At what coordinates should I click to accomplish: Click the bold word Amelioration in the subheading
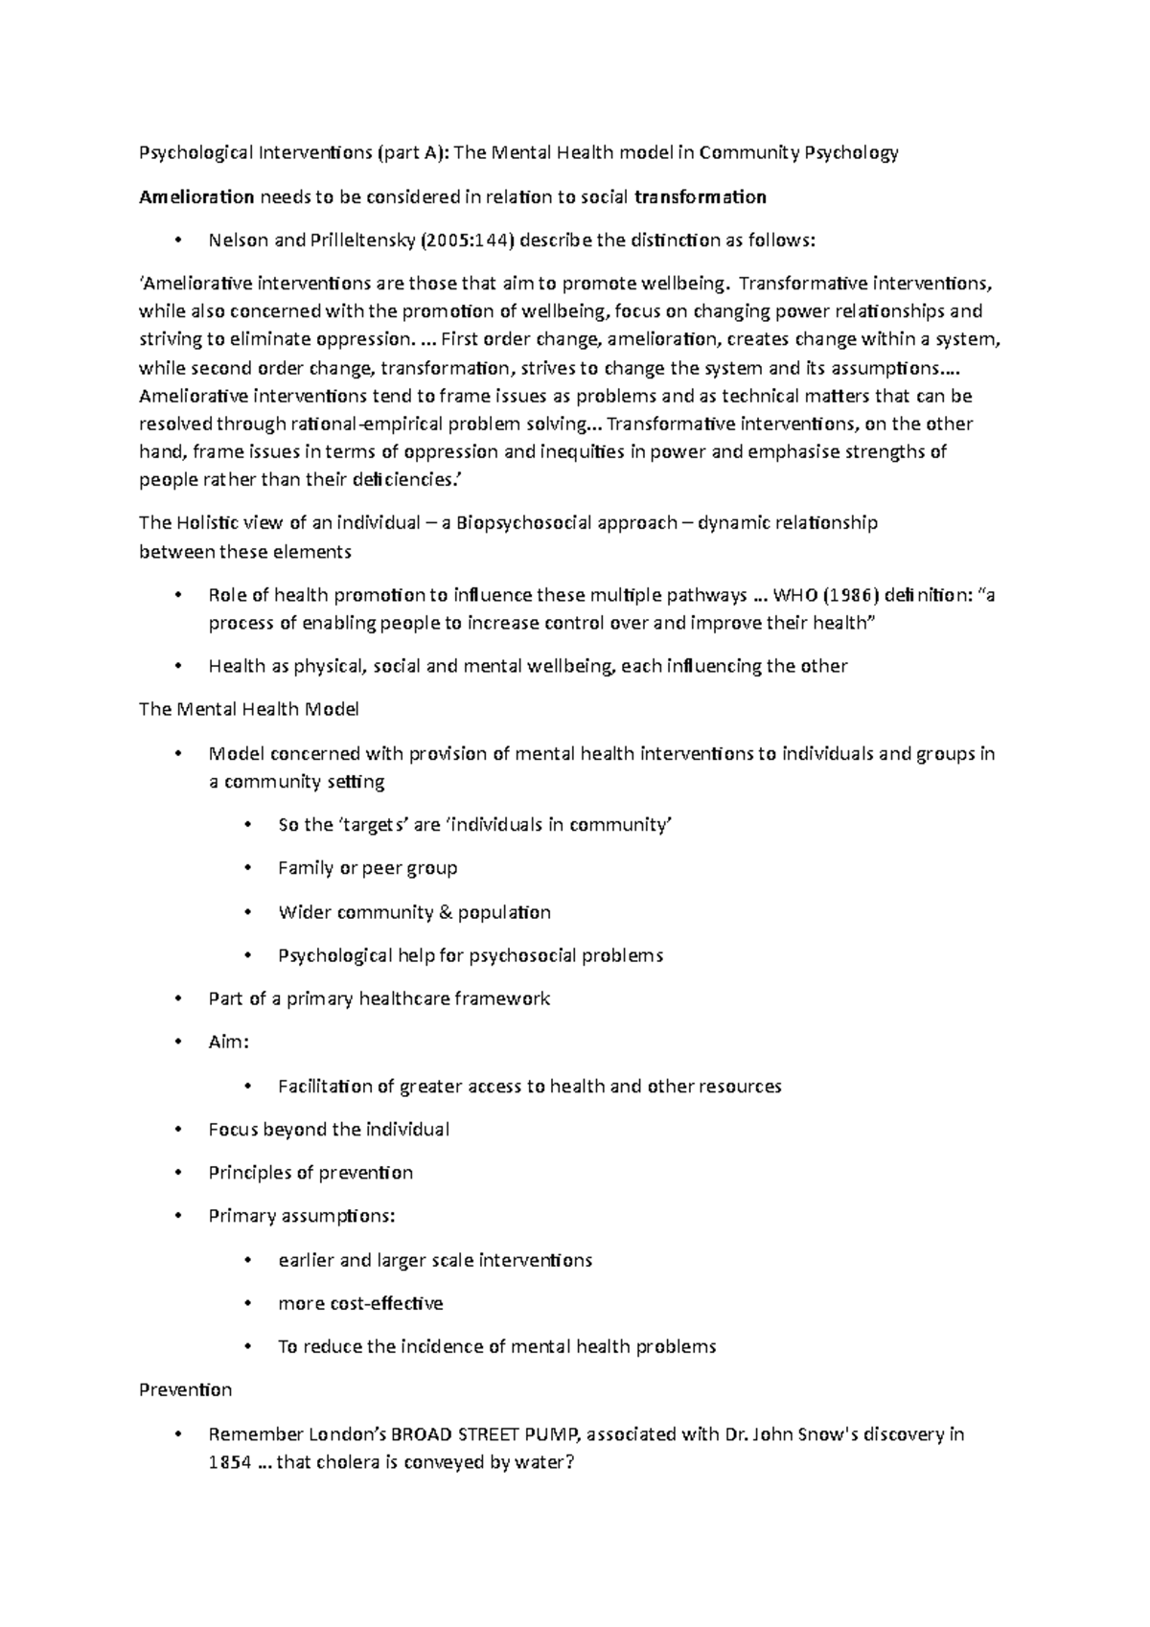click(x=196, y=197)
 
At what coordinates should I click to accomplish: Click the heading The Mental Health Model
click(x=249, y=710)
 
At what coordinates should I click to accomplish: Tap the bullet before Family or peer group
click(x=247, y=868)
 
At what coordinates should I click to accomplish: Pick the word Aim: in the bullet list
click(x=229, y=1042)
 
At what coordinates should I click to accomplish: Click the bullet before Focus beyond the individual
click(x=178, y=1130)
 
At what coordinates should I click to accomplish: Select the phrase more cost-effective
click(x=360, y=1303)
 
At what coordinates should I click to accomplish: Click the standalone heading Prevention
click(x=186, y=1389)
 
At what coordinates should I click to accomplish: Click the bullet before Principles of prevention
click(x=178, y=1173)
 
